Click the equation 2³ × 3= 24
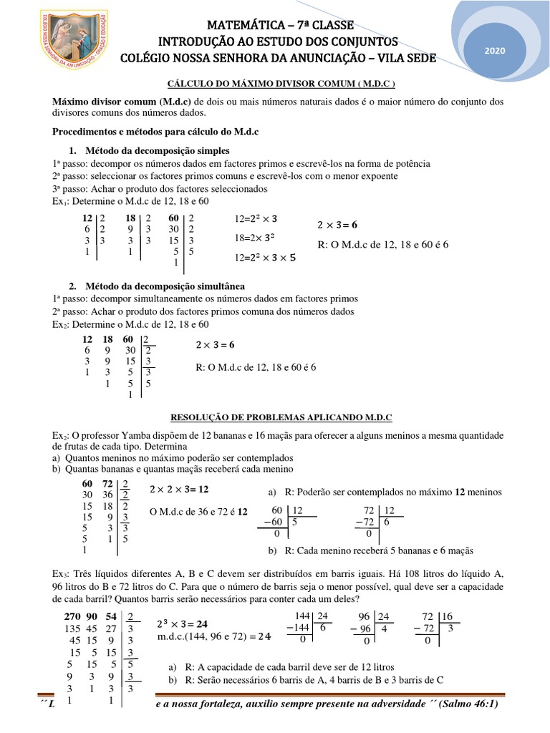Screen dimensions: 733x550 point(182,623)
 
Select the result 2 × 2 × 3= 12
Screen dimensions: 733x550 point(179,489)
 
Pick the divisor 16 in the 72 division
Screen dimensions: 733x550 point(449,616)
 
